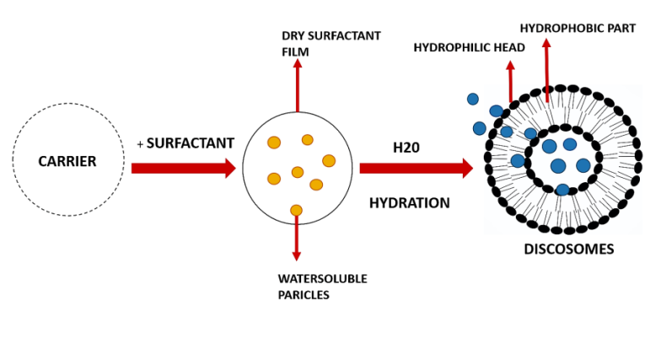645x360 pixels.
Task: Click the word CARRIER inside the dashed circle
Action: coord(67,161)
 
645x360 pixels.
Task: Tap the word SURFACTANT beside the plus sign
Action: coord(190,143)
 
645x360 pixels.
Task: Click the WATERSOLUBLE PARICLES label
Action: coord(322,287)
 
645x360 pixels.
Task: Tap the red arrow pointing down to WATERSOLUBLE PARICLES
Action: coord(297,240)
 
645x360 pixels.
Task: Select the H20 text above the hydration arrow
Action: coord(406,148)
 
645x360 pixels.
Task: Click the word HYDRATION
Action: coord(410,203)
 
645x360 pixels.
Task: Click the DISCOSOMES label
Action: coord(569,250)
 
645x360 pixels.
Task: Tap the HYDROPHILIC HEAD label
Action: coord(469,47)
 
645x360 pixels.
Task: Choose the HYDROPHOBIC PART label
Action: coord(578,28)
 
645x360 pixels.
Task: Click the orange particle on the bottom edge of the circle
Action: coord(296,210)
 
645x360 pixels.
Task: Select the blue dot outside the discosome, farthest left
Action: coord(473,99)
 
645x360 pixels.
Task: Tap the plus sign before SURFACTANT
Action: coord(140,144)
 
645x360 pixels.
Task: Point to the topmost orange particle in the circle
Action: coord(308,140)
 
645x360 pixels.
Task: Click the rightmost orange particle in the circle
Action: coord(329,160)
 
